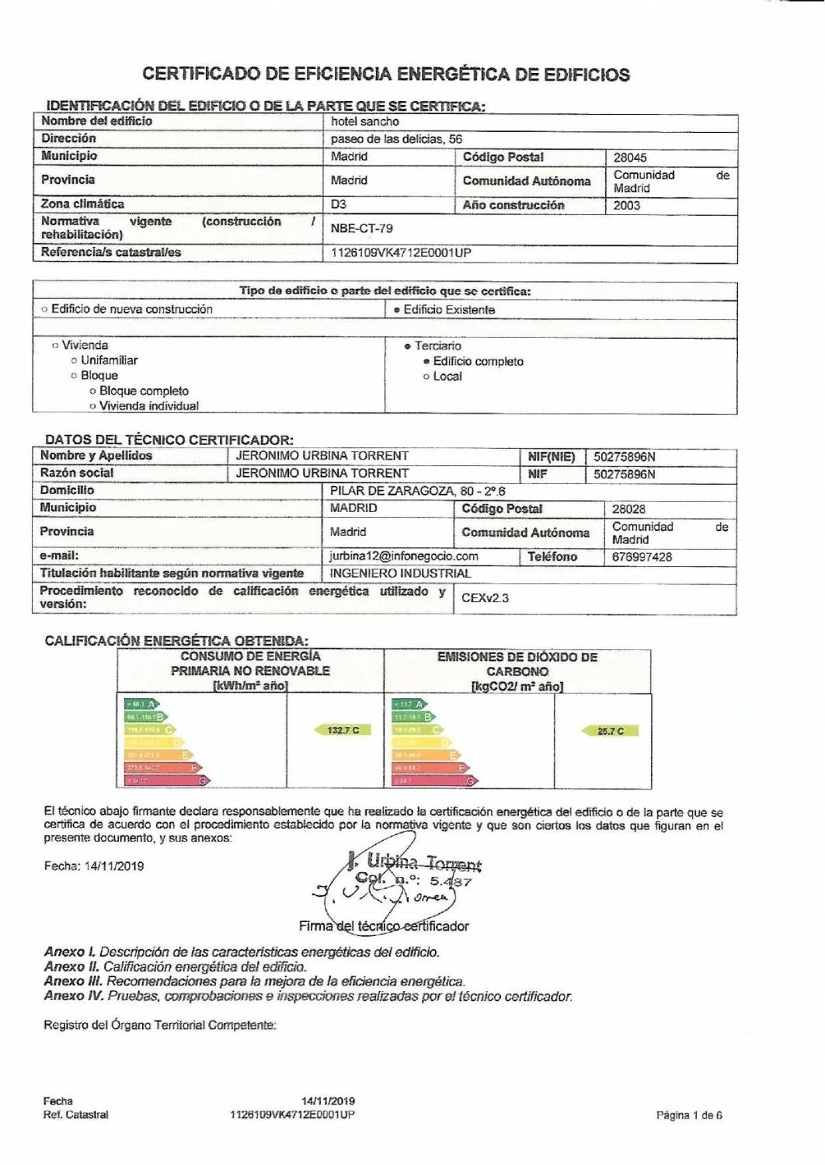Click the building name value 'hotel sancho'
[x=365, y=122]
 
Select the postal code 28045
[x=630, y=157]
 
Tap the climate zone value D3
[x=339, y=205]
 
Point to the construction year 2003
[x=626, y=205]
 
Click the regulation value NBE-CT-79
[x=361, y=228]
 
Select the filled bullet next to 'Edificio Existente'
[x=397, y=310]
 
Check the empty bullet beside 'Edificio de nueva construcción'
[x=45, y=310]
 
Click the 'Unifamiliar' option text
[x=109, y=360]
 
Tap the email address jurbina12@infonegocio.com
[x=404, y=557]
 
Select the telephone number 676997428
[x=642, y=557]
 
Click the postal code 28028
[x=628, y=509]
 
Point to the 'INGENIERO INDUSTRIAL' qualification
[x=400, y=573]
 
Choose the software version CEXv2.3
[x=485, y=598]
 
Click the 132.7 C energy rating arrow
[x=342, y=730]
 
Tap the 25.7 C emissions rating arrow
[x=610, y=731]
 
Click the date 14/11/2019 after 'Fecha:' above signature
[x=114, y=866]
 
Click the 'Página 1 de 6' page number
[x=689, y=1115]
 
